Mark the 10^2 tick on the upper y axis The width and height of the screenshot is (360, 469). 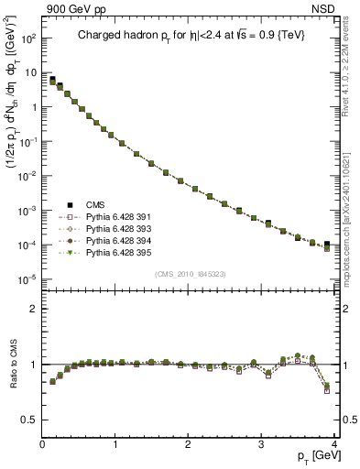coord(30,38)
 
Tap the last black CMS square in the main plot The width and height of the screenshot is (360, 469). coord(327,245)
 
